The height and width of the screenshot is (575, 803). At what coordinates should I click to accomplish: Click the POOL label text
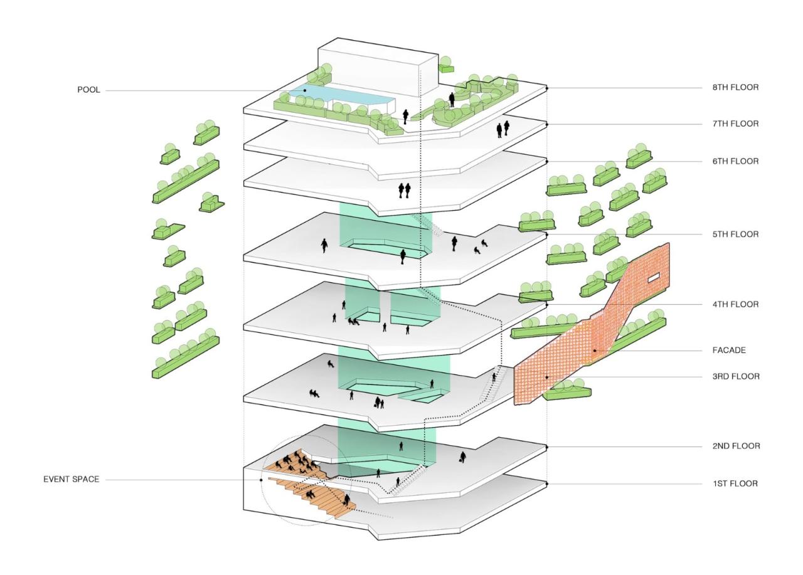(88, 90)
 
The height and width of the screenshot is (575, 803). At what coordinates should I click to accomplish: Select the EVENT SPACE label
(71, 480)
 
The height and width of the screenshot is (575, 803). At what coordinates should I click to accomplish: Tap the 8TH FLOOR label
(735, 88)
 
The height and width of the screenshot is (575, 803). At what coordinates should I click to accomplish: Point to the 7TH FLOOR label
(735, 124)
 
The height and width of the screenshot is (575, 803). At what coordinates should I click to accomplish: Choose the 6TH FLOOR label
(735, 161)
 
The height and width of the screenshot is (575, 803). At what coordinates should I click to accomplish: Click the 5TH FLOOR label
(735, 235)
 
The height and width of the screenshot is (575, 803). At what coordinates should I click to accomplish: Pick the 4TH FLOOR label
(735, 304)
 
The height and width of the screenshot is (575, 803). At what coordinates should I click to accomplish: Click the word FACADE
(729, 351)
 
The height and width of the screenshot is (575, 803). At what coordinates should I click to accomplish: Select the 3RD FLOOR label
(735, 377)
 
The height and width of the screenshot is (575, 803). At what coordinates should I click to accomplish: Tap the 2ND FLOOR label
(735, 446)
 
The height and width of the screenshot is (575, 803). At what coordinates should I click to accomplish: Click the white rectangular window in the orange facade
(654, 277)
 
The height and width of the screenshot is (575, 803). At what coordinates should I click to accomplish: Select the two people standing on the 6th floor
(404, 189)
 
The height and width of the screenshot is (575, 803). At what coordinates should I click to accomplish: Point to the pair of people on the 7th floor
(503, 129)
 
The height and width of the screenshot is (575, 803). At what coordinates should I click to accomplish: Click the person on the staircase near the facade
(494, 377)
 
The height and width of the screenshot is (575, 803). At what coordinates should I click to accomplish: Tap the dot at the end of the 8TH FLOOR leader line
(547, 88)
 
